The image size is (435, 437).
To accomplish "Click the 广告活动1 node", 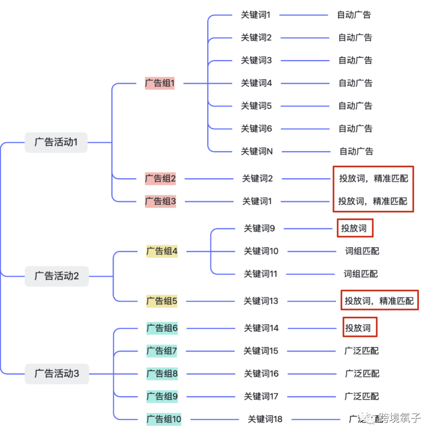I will (x=56, y=142).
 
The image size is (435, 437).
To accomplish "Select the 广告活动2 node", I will (x=57, y=276).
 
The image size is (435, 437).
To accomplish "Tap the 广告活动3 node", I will (x=57, y=374).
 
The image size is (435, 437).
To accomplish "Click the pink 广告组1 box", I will (x=159, y=83).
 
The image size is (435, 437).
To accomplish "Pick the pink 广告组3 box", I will (x=160, y=201).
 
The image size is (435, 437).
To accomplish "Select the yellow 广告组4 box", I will (x=162, y=251).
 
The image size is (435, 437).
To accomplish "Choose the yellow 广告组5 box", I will (x=162, y=301).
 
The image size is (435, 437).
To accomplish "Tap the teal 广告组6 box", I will (x=162, y=328).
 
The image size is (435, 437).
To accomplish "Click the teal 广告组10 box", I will (x=164, y=419).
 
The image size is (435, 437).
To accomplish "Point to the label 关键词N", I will (x=257, y=151).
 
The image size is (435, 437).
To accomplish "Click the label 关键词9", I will (x=259, y=229).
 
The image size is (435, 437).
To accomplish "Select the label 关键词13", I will (x=261, y=301).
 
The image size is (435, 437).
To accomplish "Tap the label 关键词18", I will (x=265, y=419).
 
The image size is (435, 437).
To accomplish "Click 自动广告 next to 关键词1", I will (x=354, y=15).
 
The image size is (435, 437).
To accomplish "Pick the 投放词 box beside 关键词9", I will (x=355, y=228).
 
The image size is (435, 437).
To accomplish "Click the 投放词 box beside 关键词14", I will (x=359, y=328).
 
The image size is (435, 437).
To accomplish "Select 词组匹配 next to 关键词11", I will (x=360, y=274).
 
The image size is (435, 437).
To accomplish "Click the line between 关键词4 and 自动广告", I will (x=305, y=83).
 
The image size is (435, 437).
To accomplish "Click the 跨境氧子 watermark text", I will (x=400, y=418).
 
